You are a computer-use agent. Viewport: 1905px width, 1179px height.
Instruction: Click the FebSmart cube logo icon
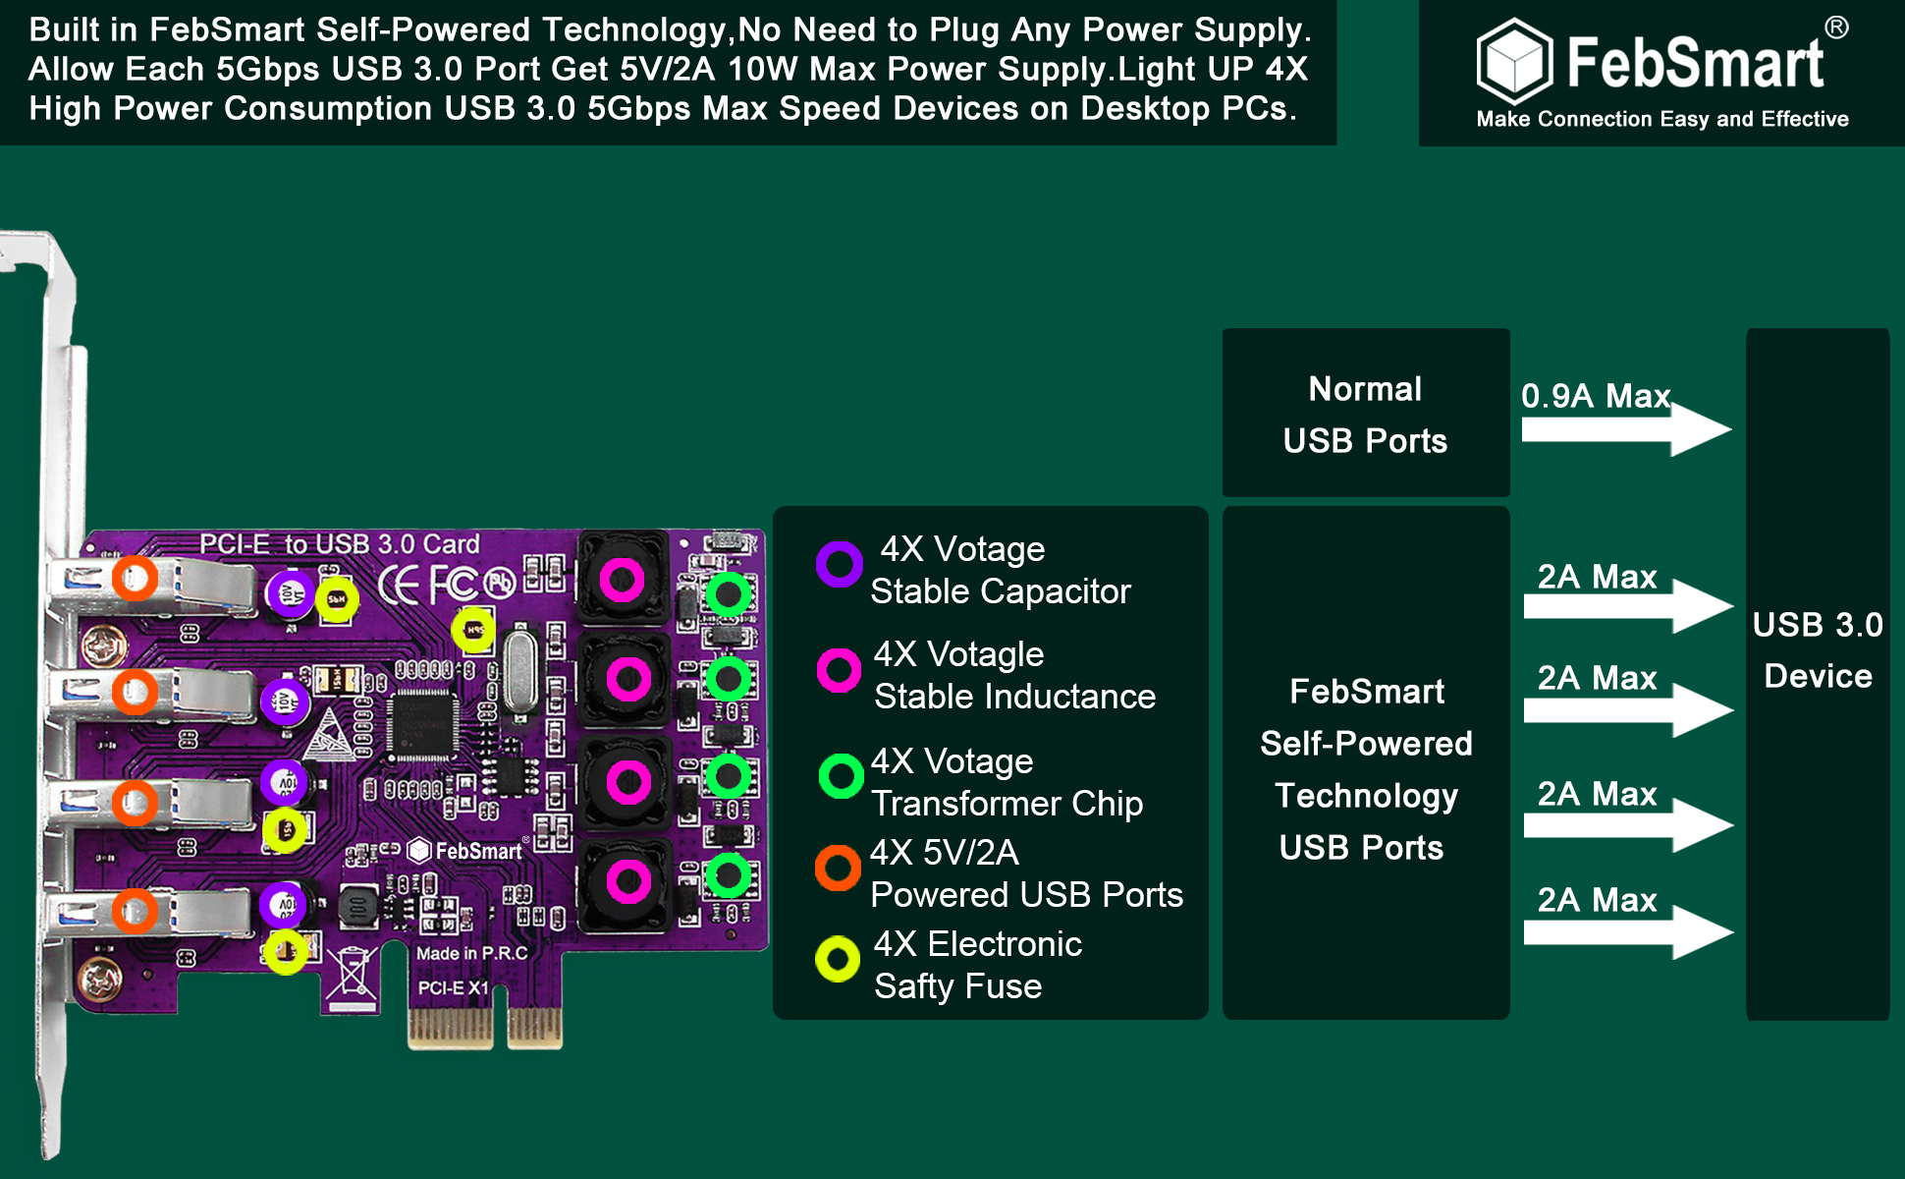pos(1514,61)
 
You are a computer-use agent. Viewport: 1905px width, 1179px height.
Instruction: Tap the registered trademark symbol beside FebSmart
pos(1836,28)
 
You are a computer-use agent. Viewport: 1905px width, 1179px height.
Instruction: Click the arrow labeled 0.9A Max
pos(1626,429)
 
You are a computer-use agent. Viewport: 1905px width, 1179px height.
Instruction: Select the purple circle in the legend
pos(840,564)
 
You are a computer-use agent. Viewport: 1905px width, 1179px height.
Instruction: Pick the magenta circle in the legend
pos(840,670)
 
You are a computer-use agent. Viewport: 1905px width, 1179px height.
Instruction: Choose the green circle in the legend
pos(842,776)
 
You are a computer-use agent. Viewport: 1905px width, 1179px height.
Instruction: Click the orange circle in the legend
pos(838,868)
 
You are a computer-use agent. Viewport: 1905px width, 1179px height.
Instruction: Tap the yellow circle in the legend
pos(838,959)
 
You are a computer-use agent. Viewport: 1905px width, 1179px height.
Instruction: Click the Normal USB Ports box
pos(1366,413)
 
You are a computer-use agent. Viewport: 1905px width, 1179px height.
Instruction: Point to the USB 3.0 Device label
pos(1818,650)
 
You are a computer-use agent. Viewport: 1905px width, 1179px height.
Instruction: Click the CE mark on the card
pos(399,586)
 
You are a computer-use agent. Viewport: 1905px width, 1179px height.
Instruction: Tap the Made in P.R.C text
pos(471,953)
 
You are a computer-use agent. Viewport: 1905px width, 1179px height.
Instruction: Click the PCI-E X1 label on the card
pos(453,987)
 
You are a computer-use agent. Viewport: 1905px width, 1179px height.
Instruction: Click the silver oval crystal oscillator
pos(519,671)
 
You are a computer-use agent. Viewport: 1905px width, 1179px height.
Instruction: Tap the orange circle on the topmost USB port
pos(135,579)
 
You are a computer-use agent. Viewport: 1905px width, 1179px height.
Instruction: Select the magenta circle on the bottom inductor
pos(628,881)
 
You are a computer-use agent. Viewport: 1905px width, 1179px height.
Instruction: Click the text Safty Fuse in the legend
pos(957,986)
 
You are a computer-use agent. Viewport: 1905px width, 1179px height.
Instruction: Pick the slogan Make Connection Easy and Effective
pos(1662,119)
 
